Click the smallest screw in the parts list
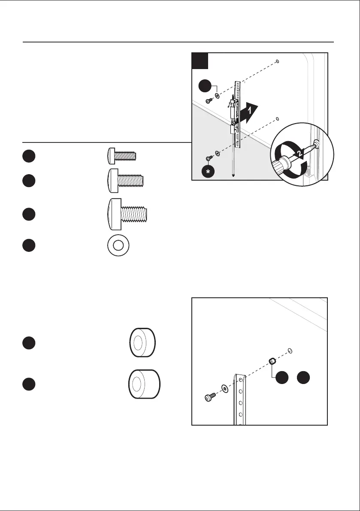coord(122,154)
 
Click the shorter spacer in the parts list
coord(142,344)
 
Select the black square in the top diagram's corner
coord(200,61)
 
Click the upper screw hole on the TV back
coord(278,61)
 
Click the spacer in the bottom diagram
coord(272,361)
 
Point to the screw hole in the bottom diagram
coord(290,351)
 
